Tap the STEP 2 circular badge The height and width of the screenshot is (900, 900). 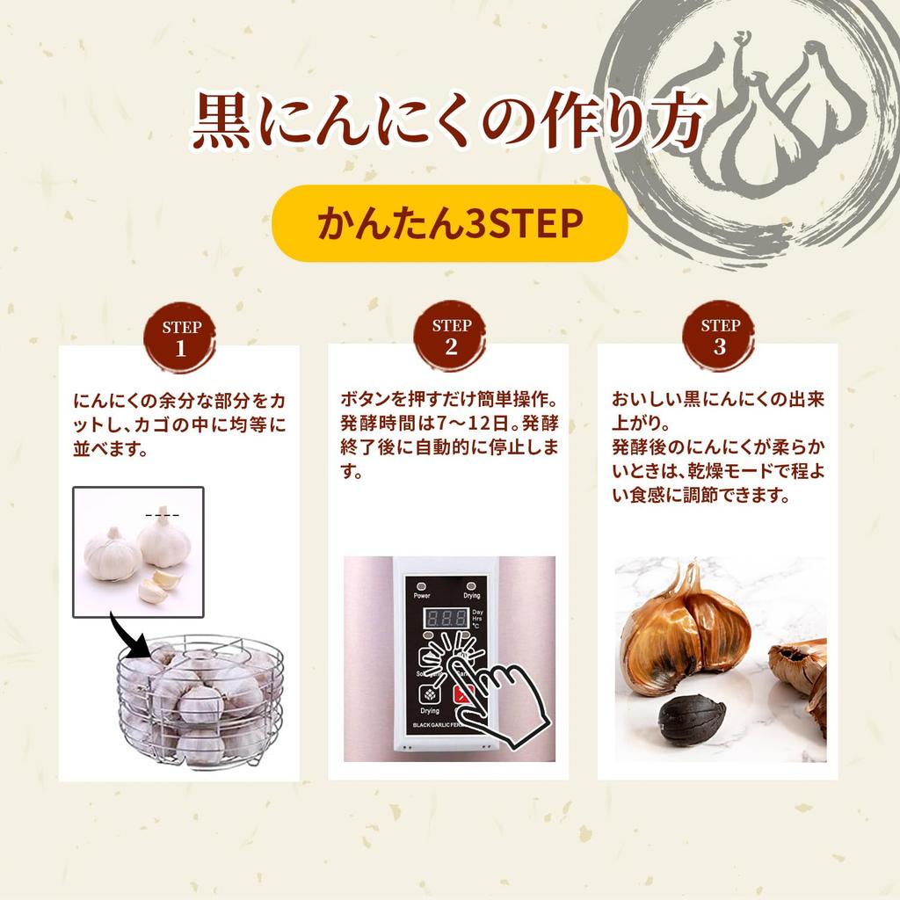point(451,337)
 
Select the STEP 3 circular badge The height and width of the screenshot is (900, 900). point(720,337)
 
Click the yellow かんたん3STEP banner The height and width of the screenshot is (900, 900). point(449,223)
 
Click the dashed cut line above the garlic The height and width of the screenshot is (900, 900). point(162,514)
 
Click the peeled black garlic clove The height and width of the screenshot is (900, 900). point(693,717)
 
